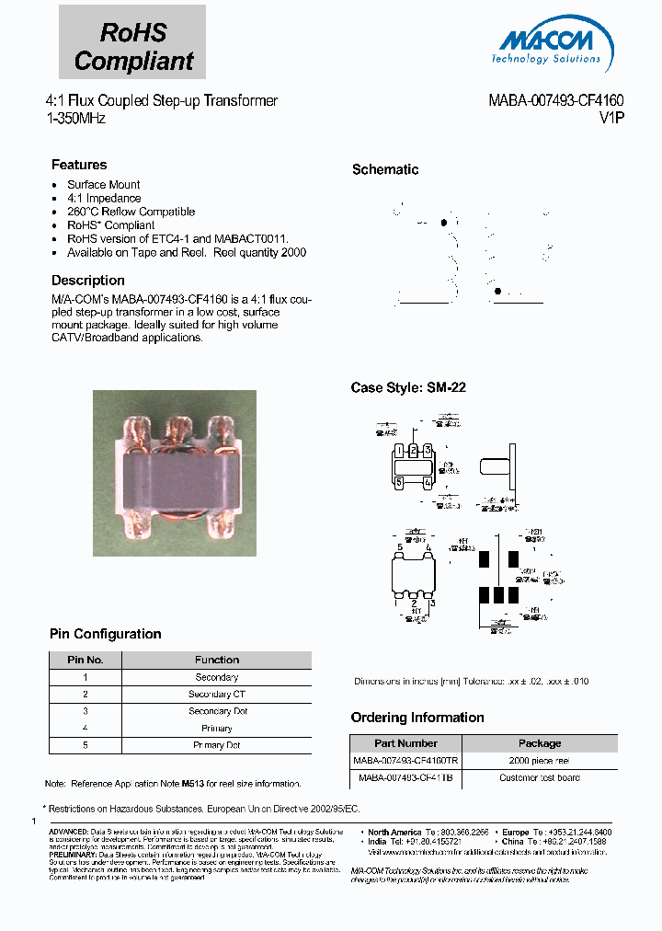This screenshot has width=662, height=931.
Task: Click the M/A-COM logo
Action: click(550, 44)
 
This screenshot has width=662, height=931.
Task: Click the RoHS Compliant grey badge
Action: click(132, 47)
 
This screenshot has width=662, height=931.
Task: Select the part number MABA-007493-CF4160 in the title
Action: click(556, 101)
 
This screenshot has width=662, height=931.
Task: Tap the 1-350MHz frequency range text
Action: click(75, 119)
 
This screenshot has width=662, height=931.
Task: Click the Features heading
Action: click(79, 165)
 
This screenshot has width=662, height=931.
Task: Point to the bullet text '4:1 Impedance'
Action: click(104, 198)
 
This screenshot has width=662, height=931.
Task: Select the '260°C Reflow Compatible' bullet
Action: click(131, 212)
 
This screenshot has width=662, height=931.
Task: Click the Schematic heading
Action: click(385, 169)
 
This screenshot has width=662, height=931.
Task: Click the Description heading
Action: click(88, 281)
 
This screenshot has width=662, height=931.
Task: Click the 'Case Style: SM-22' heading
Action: click(408, 388)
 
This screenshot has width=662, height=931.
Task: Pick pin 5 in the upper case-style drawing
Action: click(399, 480)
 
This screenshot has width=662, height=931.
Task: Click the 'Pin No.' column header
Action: click(85, 660)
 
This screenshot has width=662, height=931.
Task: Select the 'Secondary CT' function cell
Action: click(217, 695)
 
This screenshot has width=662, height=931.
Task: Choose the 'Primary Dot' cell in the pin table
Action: click(217, 745)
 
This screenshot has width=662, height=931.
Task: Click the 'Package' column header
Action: click(539, 743)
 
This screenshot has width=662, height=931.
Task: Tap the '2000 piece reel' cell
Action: click(539, 761)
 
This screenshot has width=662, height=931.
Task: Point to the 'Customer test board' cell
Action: click(539, 778)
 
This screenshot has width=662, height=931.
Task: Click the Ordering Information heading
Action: click(417, 718)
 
